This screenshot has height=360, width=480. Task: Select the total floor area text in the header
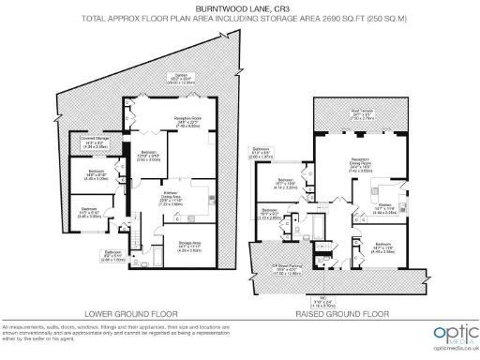[241, 18]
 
